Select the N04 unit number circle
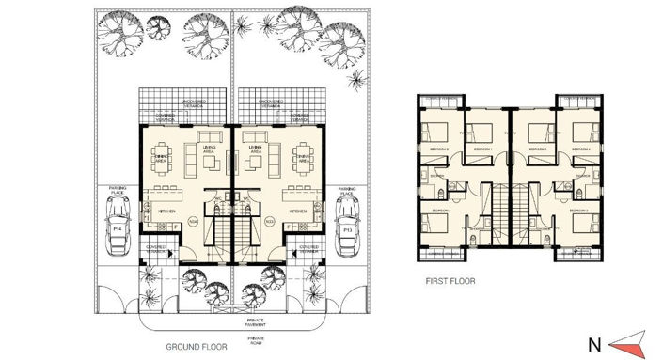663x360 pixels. pos(192,222)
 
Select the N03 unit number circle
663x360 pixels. pos(269,222)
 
